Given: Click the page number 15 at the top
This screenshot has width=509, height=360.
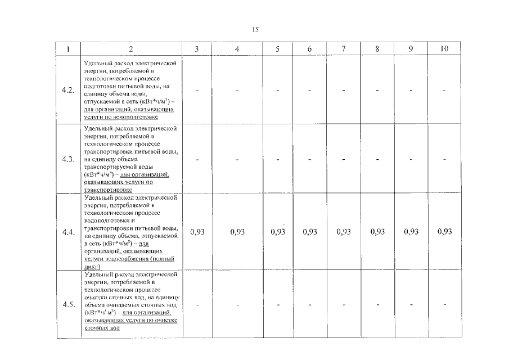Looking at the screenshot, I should point(255,30).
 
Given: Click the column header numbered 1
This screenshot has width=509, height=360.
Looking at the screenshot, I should point(68,49).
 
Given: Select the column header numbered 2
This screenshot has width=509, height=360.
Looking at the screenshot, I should point(131,49).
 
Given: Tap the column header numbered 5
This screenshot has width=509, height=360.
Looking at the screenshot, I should point(278,49).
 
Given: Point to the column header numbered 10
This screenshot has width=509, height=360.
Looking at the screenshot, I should point(444,49).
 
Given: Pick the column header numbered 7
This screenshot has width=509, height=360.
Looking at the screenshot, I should point(343,49).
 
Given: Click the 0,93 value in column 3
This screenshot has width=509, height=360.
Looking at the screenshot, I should point(197,232).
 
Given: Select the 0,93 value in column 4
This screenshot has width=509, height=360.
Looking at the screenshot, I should point(237,232).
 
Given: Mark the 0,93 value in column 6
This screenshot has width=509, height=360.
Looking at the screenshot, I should point(310,232).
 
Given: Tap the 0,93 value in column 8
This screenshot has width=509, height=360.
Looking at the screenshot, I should point(377,232).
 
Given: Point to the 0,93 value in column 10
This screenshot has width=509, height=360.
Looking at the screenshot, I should point(444,232).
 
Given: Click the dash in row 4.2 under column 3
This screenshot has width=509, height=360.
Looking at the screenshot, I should point(197,90).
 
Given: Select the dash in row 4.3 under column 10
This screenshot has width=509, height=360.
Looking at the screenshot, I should point(444,159).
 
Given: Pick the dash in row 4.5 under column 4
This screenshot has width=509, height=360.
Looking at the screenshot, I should point(237,304).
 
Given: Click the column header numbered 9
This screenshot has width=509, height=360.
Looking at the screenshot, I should point(411,49).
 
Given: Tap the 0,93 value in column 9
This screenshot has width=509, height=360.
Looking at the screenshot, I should point(411,232).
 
